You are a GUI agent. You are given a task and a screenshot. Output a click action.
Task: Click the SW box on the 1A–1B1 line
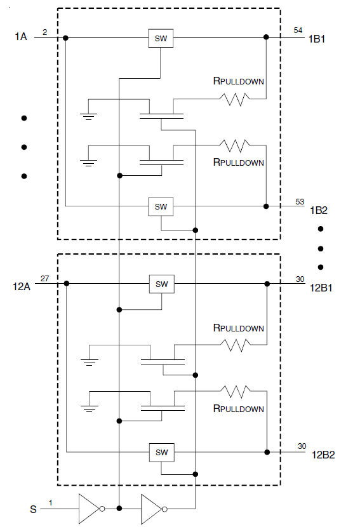pos(161,38)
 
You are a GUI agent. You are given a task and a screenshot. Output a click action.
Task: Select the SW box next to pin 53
pos(161,206)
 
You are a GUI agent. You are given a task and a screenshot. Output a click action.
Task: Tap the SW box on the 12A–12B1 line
pos(162,284)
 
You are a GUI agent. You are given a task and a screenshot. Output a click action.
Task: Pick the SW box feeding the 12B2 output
pos(162,452)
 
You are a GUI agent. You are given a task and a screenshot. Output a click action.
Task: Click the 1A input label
pos(20,36)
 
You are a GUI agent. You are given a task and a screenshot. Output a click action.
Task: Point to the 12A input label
pos(22,287)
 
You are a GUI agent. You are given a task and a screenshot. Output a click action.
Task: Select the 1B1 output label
pos(317,39)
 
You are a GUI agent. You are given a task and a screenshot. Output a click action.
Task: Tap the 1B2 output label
pos(319,210)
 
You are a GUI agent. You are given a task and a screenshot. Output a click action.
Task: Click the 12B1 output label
pos(321,288)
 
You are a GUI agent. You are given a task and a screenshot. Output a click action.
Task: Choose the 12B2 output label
pos(323,455)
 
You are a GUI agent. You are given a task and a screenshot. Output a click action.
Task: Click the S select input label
pos(33,509)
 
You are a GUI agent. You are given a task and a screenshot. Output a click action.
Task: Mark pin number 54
pos(298,30)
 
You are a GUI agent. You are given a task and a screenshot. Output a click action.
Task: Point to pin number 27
pos(44,279)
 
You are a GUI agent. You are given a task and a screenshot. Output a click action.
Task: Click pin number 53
pos(300,202)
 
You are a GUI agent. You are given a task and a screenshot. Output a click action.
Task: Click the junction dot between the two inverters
pos(119,508)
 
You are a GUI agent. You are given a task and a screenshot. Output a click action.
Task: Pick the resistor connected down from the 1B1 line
pos(235,100)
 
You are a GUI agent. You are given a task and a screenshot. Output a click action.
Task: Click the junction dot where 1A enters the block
pos(65,38)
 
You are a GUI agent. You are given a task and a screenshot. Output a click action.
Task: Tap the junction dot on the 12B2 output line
pos(267,452)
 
